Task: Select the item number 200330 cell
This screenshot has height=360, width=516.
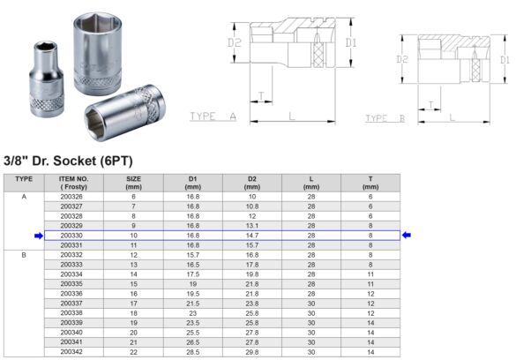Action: [72, 236]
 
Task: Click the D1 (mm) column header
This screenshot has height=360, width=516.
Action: [192, 183]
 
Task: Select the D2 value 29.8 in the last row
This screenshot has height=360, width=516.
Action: [251, 351]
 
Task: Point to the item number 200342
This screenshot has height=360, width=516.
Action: [72, 351]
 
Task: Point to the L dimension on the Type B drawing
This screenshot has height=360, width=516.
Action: [451, 116]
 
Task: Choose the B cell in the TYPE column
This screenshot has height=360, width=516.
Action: [24, 254]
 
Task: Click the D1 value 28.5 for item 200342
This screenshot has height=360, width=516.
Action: [192, 351]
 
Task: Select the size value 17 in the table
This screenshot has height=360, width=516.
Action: [134, 303]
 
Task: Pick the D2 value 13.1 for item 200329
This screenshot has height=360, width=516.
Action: [251, 226]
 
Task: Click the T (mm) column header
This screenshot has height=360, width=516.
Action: [370, 183]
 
